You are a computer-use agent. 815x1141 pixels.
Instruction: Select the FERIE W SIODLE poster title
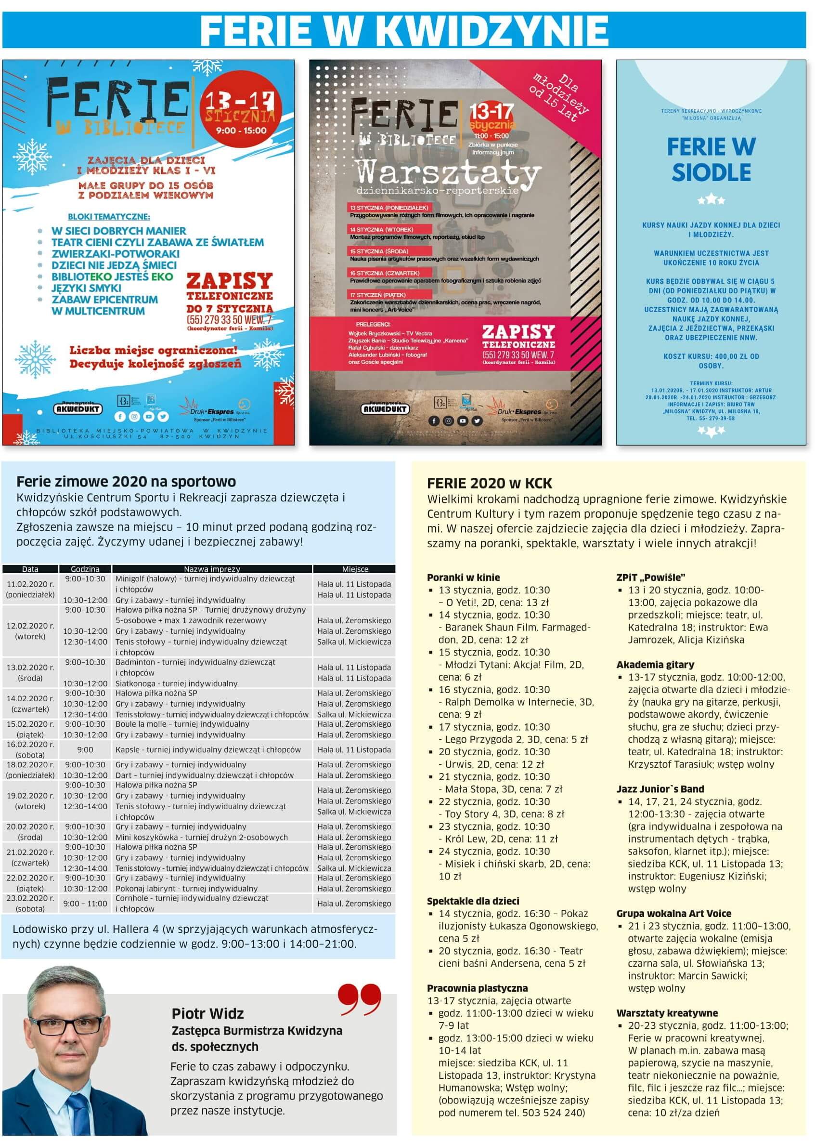point(711,159)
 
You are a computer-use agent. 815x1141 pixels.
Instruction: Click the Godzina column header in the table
point(85,569)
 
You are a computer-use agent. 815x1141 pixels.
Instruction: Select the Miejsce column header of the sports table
point(355,569)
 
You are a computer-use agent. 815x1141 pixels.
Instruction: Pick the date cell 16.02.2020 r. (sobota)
point(30,749)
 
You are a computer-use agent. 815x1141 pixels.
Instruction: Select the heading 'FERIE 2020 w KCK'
point(489,484)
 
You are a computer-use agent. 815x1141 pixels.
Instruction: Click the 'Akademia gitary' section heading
point(655,665)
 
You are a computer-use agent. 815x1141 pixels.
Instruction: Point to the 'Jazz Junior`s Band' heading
point(660,788)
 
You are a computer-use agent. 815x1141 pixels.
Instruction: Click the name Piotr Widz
point(207,1013)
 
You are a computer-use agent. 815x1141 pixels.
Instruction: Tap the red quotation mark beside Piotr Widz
point(359,999)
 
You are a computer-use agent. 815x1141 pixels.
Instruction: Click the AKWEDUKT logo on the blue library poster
point(78,408)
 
